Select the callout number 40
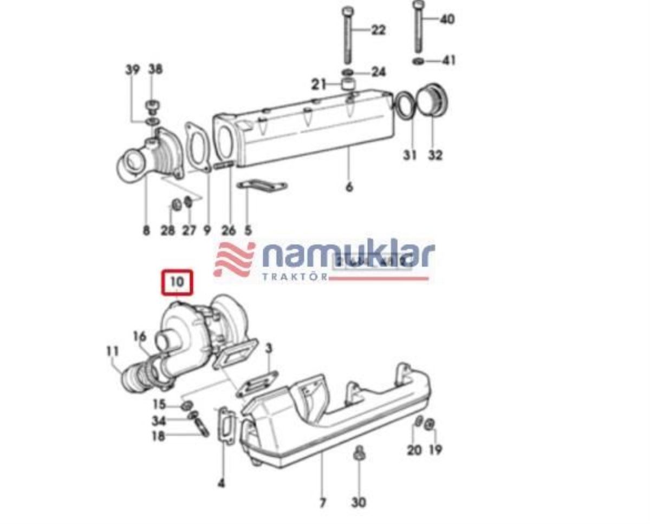[x=447, y=20]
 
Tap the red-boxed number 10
[x=177, y=282]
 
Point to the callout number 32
[x=435, y=155]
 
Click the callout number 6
[x=349, y=187]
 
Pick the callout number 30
[x=359, y=502]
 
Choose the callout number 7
[x=322, y=503]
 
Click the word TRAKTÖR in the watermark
[x=295, y=277]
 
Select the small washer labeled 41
[x=419, y=60]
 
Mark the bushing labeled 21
[x=348, y=84]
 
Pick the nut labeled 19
[x=429, y=424]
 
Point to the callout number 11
[x=112, y=351]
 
